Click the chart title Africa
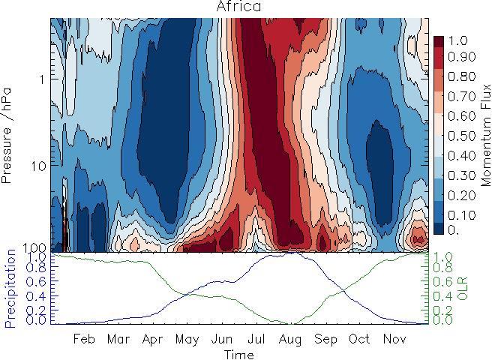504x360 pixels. (x=239, y=7)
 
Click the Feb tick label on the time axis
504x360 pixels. (x=84, y=339)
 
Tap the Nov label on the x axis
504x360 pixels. (x=394, y=339)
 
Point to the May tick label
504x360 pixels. (x=187, y=339)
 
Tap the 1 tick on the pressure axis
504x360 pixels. (x=42, y=79)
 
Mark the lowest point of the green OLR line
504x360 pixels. (x=292, y=324)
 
